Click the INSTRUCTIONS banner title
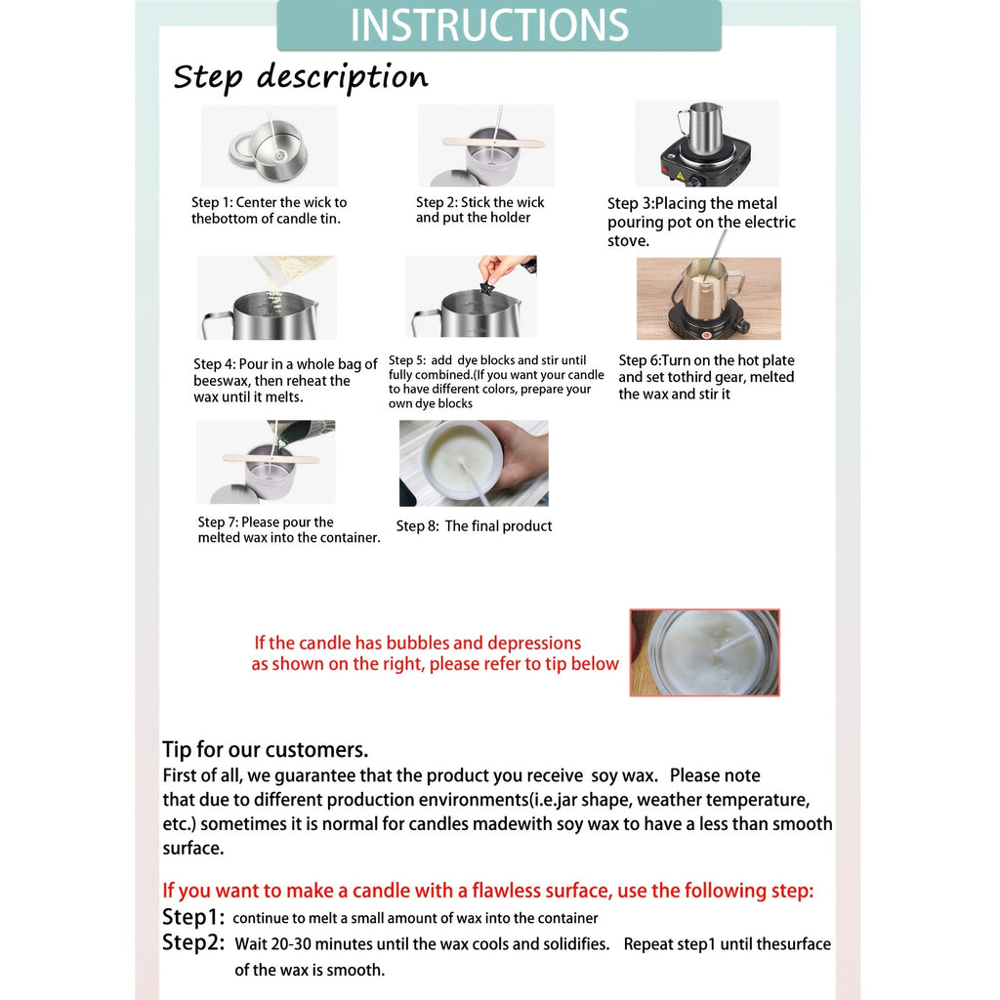[x=489, y=24]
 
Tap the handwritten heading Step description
[x=301, y=78]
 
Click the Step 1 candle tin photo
[x=270, y=146]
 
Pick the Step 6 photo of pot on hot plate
[x=709, y=299]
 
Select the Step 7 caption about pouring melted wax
[x=289, y=530]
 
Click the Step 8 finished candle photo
[x=474, y=463]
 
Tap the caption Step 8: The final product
[x=474, y=526]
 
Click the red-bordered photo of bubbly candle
[x=705, y=652]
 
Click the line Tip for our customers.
[x=266, y=749]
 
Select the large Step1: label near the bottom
[x=193, y=917]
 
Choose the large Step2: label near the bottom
[x=193, y=942]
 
